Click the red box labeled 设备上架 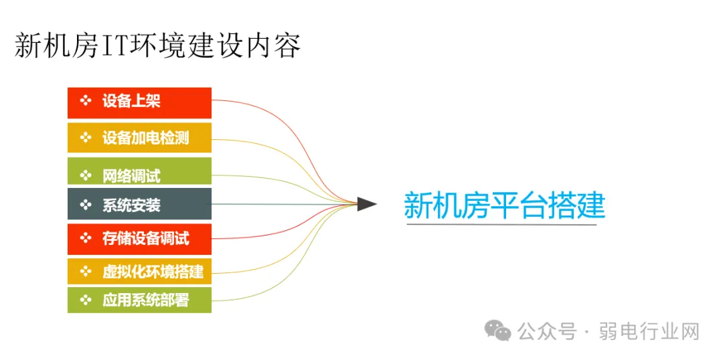[139, 102]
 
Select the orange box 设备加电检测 [139, 138]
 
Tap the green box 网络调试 [139, 172]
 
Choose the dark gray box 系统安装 [139, 204]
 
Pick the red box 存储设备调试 [139, 239]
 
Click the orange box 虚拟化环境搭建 [139, 272]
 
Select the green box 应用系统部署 [139, 300]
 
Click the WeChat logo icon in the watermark [498, 330]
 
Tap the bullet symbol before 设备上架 [85, 101]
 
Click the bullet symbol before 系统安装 [85, 204]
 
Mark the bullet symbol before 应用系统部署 [85, 300]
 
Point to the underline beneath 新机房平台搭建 [502, 224]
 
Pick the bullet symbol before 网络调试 [85, 175]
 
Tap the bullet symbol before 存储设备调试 [85, 238]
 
